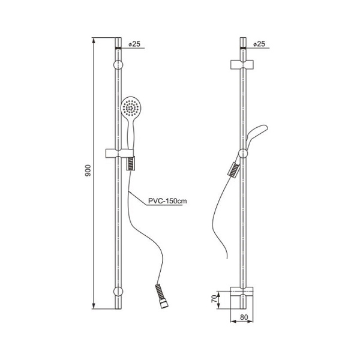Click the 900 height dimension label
(x=88, y=170)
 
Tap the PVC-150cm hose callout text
(x=167, y=201)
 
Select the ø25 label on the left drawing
(x=134, y=44)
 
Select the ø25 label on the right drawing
(x=259, y=44)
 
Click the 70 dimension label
(x=214, y=299)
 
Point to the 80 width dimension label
(x=244, y=317)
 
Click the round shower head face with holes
(x=131, y=107)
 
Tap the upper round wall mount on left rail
(x=118, y=65)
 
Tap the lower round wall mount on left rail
(x=118, y=292)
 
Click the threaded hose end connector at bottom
(x=161, y=296)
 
